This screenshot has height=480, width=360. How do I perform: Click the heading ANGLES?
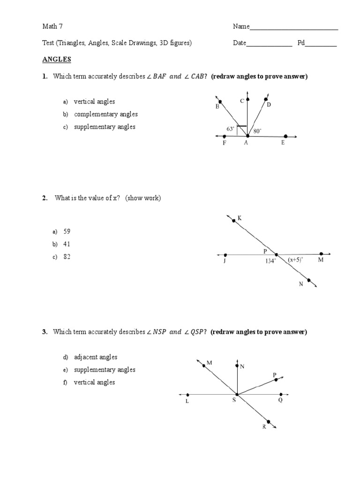pyautogui.click(x=56, y=60)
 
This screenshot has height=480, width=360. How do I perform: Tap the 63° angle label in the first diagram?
pyautogui.click(x=230, y=128)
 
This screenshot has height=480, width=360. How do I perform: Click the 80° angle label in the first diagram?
pyautogui.click(x=257, y=131)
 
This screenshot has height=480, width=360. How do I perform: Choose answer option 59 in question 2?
pyautogui.click(x=67, y=232)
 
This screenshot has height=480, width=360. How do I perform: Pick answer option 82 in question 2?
pyautogui.click(x=67, y=257)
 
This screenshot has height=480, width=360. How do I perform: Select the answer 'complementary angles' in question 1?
pyautogui.click(x=105, y=114)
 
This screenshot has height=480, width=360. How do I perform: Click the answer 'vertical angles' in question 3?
pyautogui.click(x=94, y=382)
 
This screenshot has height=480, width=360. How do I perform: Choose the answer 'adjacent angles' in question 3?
pyautogui.click(x=96, y=357)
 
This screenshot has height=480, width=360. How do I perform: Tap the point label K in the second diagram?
pyautogui.click(x=240, y=218)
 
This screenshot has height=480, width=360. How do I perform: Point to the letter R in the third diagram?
pyautogui.click(x=264, y=427)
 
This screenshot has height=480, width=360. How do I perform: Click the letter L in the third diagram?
pyautogui.click(x=187, y=402)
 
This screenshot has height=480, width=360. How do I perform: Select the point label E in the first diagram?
pyautogui.click(x=283, y=143)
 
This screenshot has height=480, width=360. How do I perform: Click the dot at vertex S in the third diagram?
pyautogui.click(x=237, y=394)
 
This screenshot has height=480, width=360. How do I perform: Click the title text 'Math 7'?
pyautogui.click(x=52, y=27)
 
